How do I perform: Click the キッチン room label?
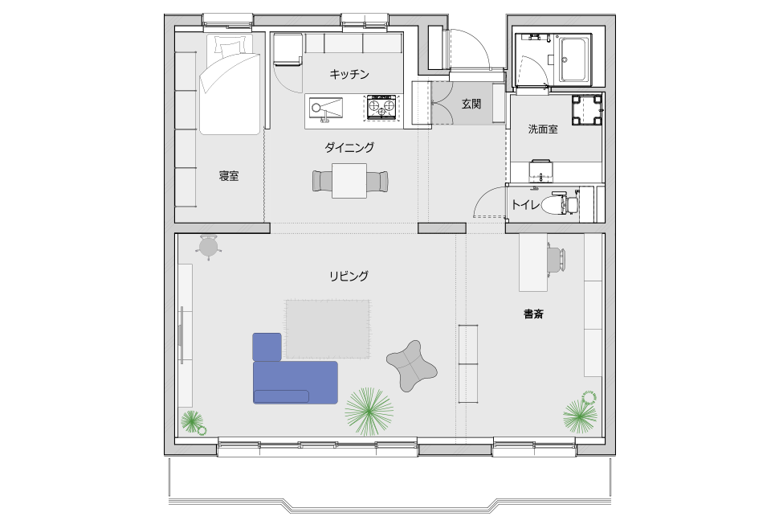click(x=349, y=75)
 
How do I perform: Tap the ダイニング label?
click(x=349, y=147)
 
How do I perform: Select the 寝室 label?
click(x=229, y=176)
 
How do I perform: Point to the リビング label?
click(x=349, y=276)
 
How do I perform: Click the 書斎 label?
click(x=533, y=314)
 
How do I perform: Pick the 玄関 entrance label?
click(x=471, y=104)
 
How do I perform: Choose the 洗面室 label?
click(x=543, y=129)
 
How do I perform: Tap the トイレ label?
click(x=525, y=204)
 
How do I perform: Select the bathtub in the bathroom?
click(x=575, y=59)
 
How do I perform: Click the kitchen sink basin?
click(x=326, y=108)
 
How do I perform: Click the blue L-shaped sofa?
click(x=295, y=369)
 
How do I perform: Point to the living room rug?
click(x=328, y=329)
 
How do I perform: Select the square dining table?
click(x=349, y=180)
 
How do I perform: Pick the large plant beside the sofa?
click(x=369, y=412)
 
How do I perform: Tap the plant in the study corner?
click(x=581, y=412)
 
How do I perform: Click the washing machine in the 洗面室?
click(x=587, y=110)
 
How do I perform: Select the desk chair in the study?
click(x=557, y=260)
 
